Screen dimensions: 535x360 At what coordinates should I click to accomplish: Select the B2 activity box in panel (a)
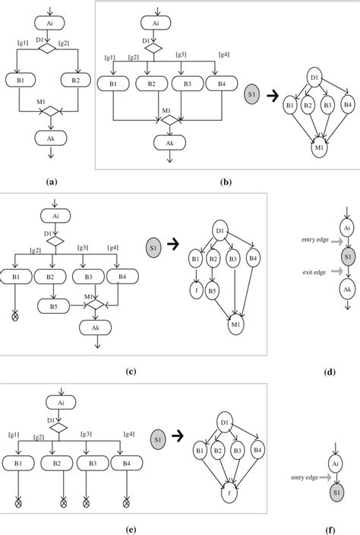(x=74, y=78)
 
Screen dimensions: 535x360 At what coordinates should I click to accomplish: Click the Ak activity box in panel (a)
(x=49, y=138)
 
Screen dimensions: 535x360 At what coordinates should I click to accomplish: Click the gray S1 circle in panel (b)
(x=255, y=96)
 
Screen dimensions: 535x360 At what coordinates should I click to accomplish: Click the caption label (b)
(x=224, y=182)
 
